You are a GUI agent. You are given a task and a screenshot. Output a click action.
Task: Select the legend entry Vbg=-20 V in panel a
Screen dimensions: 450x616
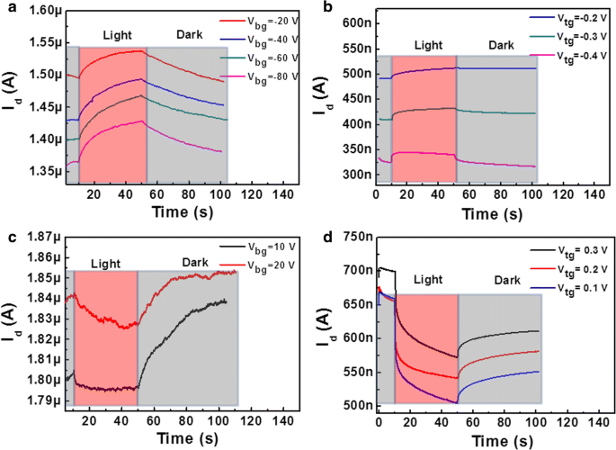click(x=269, y=17)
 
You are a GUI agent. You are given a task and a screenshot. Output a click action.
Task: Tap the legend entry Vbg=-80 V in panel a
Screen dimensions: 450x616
click(x=269, y=79)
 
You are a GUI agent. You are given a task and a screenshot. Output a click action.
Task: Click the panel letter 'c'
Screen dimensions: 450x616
click(x=8, y=238)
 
